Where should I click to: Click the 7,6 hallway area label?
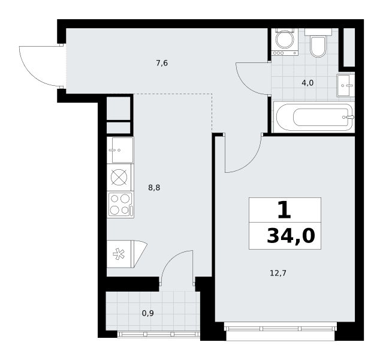point(162,64)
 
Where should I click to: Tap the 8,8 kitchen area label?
point(154,188)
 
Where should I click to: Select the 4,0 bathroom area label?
point(307,83)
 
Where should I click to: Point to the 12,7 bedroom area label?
point(278,273)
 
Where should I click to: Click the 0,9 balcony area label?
point(148,313)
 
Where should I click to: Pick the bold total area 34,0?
point(291,236)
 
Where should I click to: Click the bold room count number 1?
point(284,210)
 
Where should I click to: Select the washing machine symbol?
point(285,42)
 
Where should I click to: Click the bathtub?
point(314,117)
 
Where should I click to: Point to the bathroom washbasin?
point(345,85)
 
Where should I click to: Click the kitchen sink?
point(120,150)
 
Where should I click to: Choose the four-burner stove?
point(120,205)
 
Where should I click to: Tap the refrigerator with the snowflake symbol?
point(127,254)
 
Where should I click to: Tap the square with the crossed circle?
point(119,178)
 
